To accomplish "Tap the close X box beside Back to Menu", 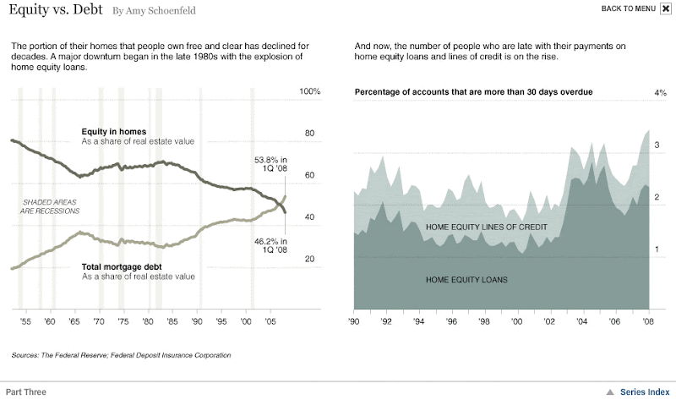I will click(666, 8).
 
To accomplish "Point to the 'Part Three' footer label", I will click(26, 392).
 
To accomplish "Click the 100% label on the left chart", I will click(310, 91).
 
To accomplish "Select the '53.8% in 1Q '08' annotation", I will click(270, 164).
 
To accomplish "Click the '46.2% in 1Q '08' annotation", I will click(270, 245).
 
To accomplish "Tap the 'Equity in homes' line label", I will click(113, 132).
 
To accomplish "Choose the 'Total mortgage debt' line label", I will click(123, 267).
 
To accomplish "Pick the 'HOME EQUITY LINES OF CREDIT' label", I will click(487, 227).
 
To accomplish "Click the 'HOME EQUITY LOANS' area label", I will click(466, 279).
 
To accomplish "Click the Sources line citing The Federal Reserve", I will click(121, 355).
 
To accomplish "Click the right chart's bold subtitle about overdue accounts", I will click(473, 91).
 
